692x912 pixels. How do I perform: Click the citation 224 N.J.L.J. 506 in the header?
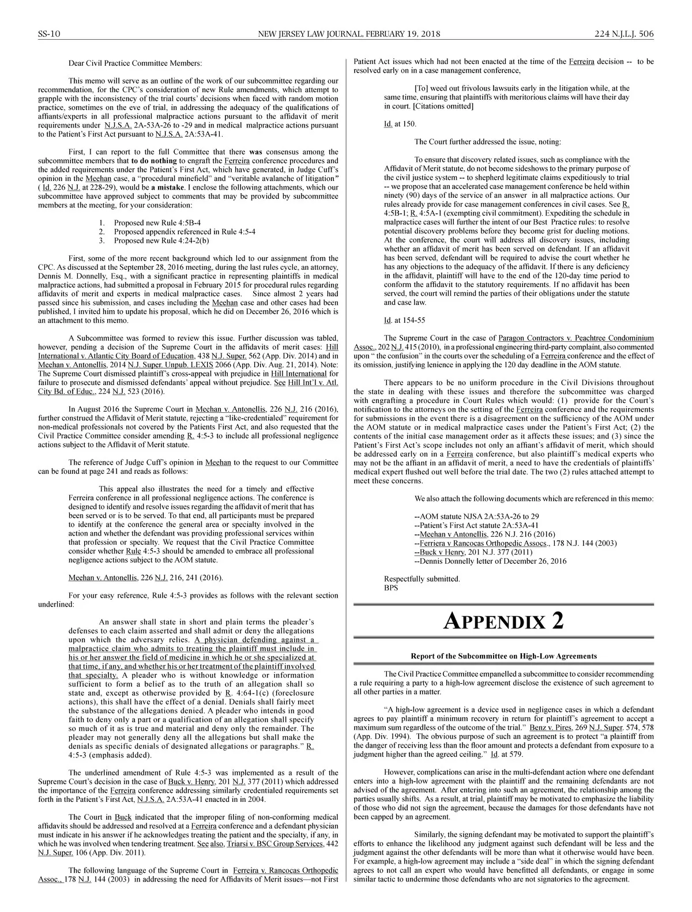pos(624,34)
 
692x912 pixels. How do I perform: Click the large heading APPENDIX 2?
pos(503,621)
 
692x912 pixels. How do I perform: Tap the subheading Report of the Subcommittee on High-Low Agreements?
pos(503,656)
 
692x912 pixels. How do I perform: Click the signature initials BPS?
pos(391,588)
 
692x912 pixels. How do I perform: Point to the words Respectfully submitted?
pos(422,579)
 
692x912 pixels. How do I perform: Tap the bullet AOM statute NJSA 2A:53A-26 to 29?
pos(477,517)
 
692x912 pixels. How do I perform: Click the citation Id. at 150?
pos(400,124)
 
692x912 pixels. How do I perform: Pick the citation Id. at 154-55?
pos(405,321)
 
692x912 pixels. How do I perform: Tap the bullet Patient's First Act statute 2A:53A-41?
pos(476,525)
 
